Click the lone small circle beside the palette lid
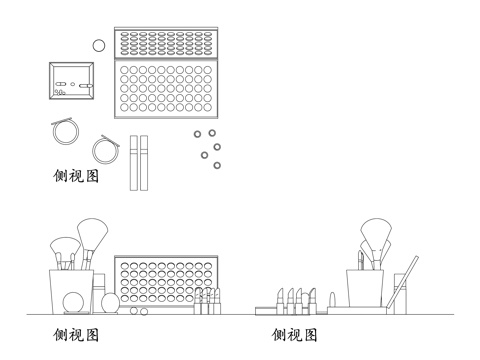(x=98, y=45)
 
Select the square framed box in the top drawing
(x=73, y=80)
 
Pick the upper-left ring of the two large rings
(x=66, y=131)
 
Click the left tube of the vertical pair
(x=133, y=163)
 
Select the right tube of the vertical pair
(x=144, y=163)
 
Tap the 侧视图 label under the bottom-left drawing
(x=76, y=334)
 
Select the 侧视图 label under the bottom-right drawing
(x=294, y=334)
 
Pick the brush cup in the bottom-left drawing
(x=72, y=291)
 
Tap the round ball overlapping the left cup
(x=74, y=304)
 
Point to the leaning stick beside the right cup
(x=404, y=284)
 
